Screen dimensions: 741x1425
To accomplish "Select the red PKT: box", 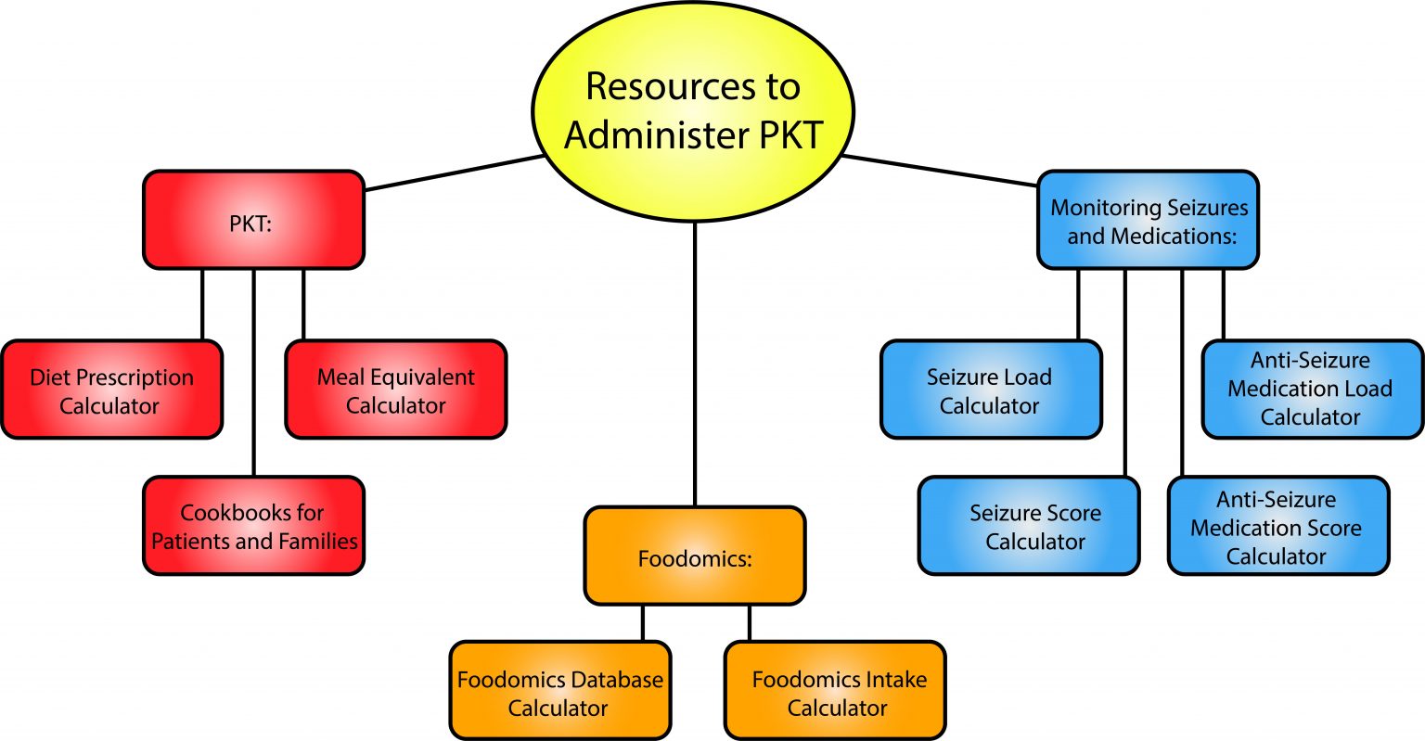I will click(253, 220).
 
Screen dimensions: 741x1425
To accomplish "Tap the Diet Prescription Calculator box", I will click(111, 390).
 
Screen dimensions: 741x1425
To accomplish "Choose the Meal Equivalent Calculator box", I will click(395, 390).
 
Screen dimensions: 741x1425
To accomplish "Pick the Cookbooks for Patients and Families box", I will click(253, 526).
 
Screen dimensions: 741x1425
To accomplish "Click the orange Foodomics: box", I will click(694, 556).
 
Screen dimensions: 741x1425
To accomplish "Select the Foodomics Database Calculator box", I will click(559, 692).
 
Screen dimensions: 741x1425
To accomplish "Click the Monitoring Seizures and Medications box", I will click(1148, 220).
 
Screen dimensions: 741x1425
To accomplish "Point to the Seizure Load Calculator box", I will click(990, 390).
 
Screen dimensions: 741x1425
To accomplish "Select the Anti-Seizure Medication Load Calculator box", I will click(1312, 389).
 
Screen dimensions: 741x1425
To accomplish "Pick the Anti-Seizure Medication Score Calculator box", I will click(1277, 526).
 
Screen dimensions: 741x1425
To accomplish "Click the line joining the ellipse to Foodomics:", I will click(694, 362).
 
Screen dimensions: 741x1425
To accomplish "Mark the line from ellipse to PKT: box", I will click(455, 172).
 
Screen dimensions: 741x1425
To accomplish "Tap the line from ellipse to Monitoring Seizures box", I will click(937, 171).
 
